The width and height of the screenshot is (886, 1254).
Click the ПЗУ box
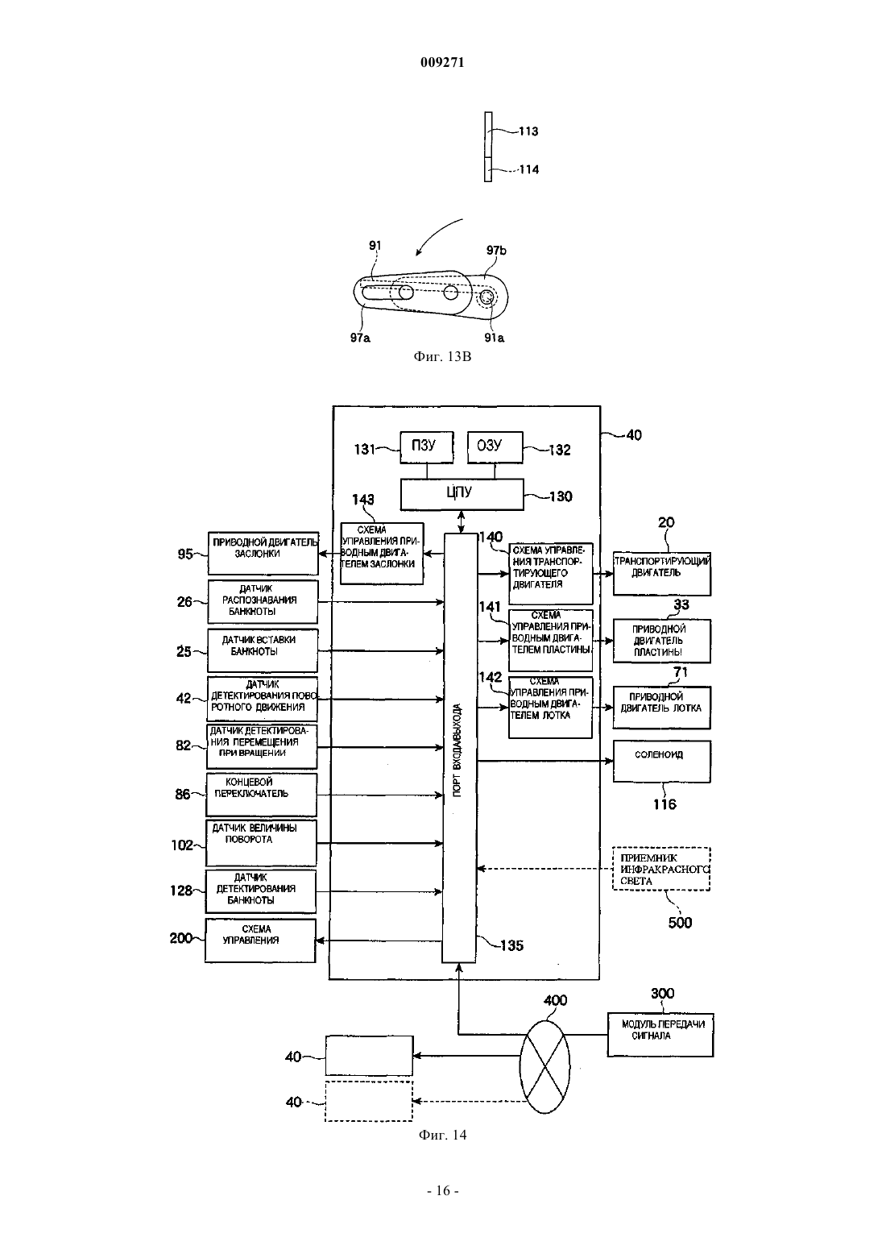426,446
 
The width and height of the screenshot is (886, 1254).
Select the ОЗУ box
495,446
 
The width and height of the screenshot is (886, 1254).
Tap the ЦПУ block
462,494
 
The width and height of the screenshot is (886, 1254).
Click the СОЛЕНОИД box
662,762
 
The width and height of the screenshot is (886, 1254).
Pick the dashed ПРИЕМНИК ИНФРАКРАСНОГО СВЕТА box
661,868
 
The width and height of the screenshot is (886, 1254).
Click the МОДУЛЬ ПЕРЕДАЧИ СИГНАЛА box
660,1035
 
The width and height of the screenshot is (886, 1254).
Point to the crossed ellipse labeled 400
544,1066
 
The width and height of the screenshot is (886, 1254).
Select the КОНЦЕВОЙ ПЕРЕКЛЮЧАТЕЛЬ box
261,795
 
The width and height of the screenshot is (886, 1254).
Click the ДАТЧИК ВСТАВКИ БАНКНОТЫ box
263,650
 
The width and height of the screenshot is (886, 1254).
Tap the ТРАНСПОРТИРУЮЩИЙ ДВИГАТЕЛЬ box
662,573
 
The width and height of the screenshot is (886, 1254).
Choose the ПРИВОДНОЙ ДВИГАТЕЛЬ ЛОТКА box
662,707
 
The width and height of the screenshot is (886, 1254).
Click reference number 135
511,945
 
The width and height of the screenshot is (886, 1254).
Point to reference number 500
680,922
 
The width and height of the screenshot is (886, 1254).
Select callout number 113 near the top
528,131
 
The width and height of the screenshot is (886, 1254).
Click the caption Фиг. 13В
442,356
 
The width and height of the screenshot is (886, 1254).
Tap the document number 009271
442,62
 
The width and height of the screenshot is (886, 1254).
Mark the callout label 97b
496,251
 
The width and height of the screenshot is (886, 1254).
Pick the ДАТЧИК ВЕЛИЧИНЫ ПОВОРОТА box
261,842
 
